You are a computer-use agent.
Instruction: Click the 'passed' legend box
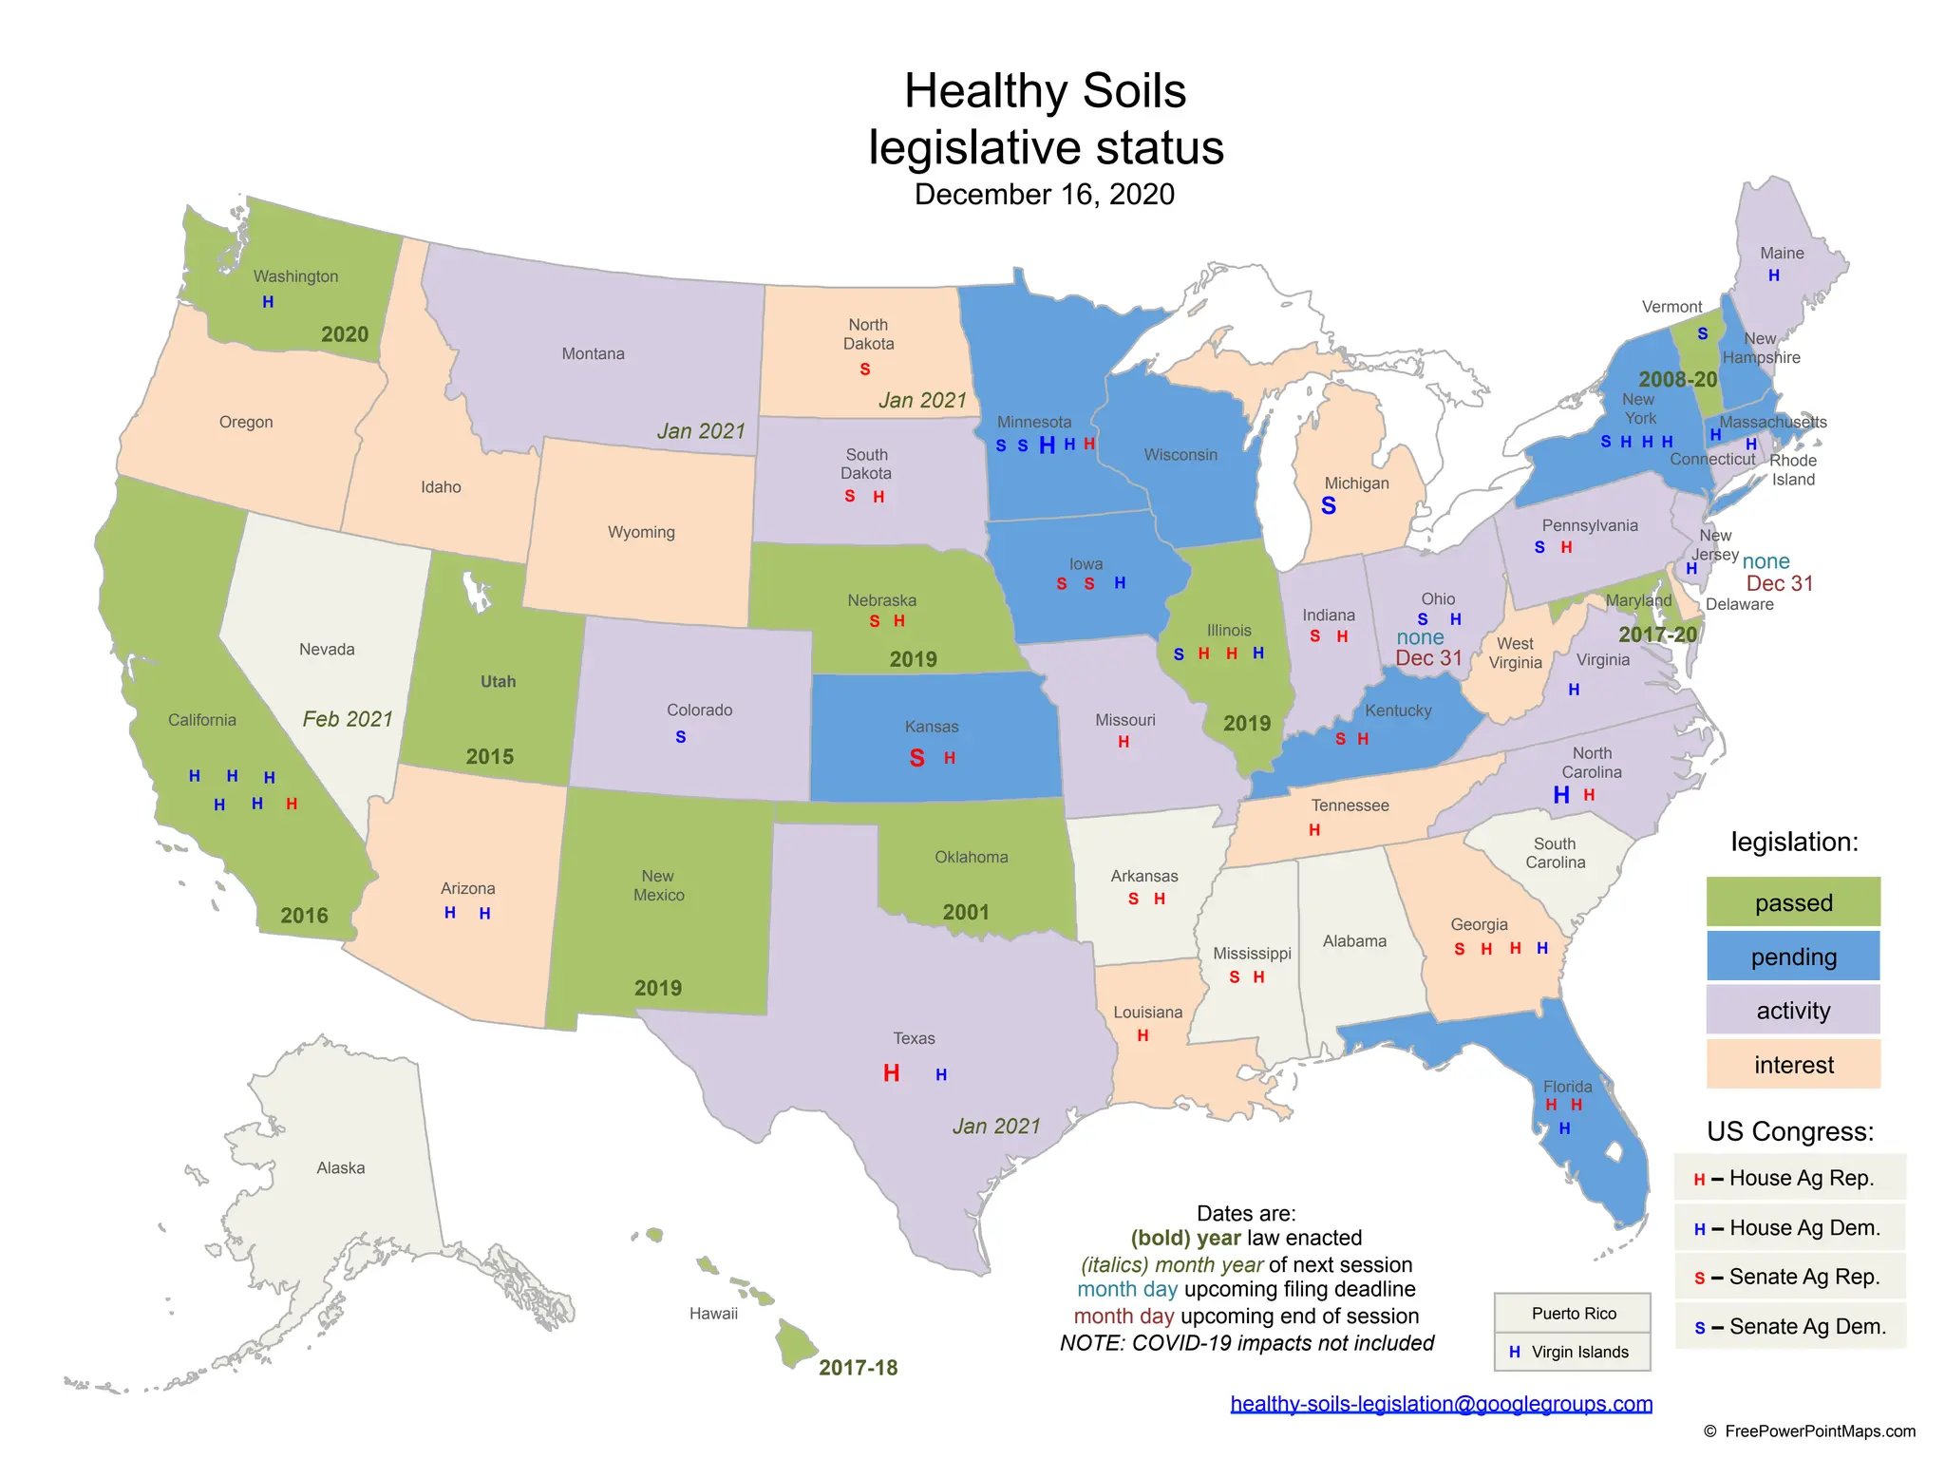click(1793, 902)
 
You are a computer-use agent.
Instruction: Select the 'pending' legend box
click(1793, 957)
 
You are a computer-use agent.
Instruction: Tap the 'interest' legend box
click(1793, 1065)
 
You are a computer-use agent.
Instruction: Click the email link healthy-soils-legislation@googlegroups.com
click(1441, 1404)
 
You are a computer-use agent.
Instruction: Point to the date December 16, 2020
click(1044, 195)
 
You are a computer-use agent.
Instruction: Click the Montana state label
click(593, 354)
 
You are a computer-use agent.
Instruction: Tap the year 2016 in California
click(304, 916)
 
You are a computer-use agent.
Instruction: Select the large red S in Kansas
click(916, 758)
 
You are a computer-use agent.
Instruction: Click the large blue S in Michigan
click(1329, 506)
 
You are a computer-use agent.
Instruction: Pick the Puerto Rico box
click(1573, 1314)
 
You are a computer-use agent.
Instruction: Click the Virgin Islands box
click(1573, 1352)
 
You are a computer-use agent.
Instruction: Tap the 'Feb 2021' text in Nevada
click(348, 719)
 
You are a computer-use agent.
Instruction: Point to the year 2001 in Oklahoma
click(966, 912)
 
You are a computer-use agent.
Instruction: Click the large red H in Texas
click(891, 1073)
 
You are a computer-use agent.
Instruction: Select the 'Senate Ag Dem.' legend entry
click(1790, 1327)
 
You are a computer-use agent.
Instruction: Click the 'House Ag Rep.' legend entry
click(1790, 1179)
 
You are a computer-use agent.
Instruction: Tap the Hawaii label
click(713, 1314)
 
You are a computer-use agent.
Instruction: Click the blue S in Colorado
click(680, 737)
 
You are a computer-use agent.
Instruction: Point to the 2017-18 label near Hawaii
click(858, 1368)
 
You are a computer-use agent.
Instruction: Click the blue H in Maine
click(1773, 276)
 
